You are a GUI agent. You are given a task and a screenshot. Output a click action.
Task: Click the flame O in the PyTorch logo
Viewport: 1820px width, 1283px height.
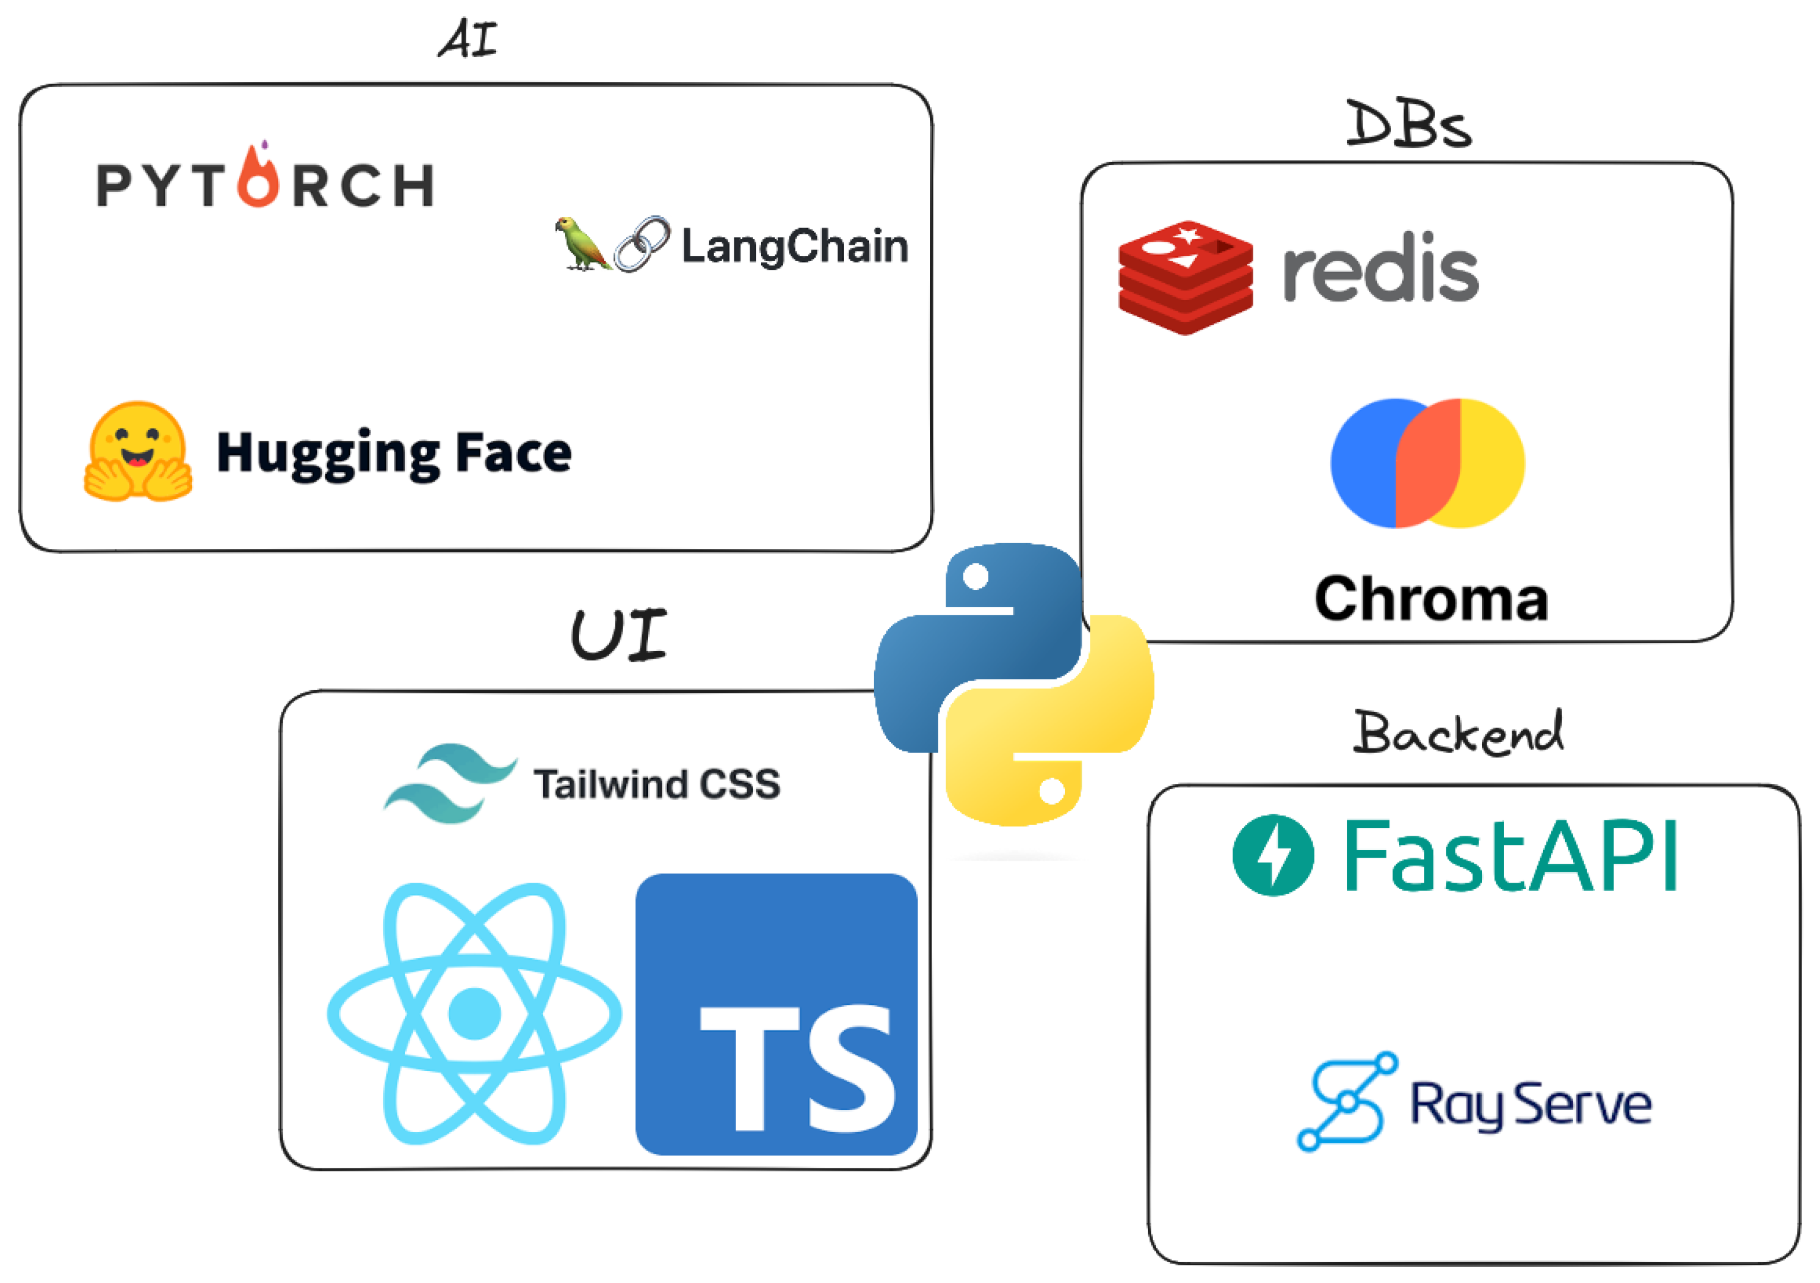258,180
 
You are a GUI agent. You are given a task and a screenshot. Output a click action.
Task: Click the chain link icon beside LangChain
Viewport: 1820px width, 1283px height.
642,244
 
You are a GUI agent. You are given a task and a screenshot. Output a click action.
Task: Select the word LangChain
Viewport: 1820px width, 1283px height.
794,247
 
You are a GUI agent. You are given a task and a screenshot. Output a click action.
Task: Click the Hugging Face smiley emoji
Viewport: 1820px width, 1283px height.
138,451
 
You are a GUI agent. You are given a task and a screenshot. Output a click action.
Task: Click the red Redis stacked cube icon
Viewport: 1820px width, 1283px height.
1185,277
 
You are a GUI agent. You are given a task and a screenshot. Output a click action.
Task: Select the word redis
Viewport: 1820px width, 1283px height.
1380,270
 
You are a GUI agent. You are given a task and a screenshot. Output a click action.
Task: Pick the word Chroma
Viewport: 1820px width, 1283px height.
1431,599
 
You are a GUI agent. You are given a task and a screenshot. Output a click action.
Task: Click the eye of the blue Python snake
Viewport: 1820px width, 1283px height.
976,576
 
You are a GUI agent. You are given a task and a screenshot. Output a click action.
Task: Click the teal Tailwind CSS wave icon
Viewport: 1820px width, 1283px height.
448,783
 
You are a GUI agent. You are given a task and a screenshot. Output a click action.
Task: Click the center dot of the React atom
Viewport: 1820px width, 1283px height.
474,1013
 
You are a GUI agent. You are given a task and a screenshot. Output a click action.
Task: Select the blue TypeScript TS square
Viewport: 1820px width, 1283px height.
776,1015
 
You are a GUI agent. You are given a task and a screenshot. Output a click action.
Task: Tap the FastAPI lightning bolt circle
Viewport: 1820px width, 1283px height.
1273,856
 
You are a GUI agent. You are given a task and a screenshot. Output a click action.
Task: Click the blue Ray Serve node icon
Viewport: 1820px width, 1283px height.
1345,1101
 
